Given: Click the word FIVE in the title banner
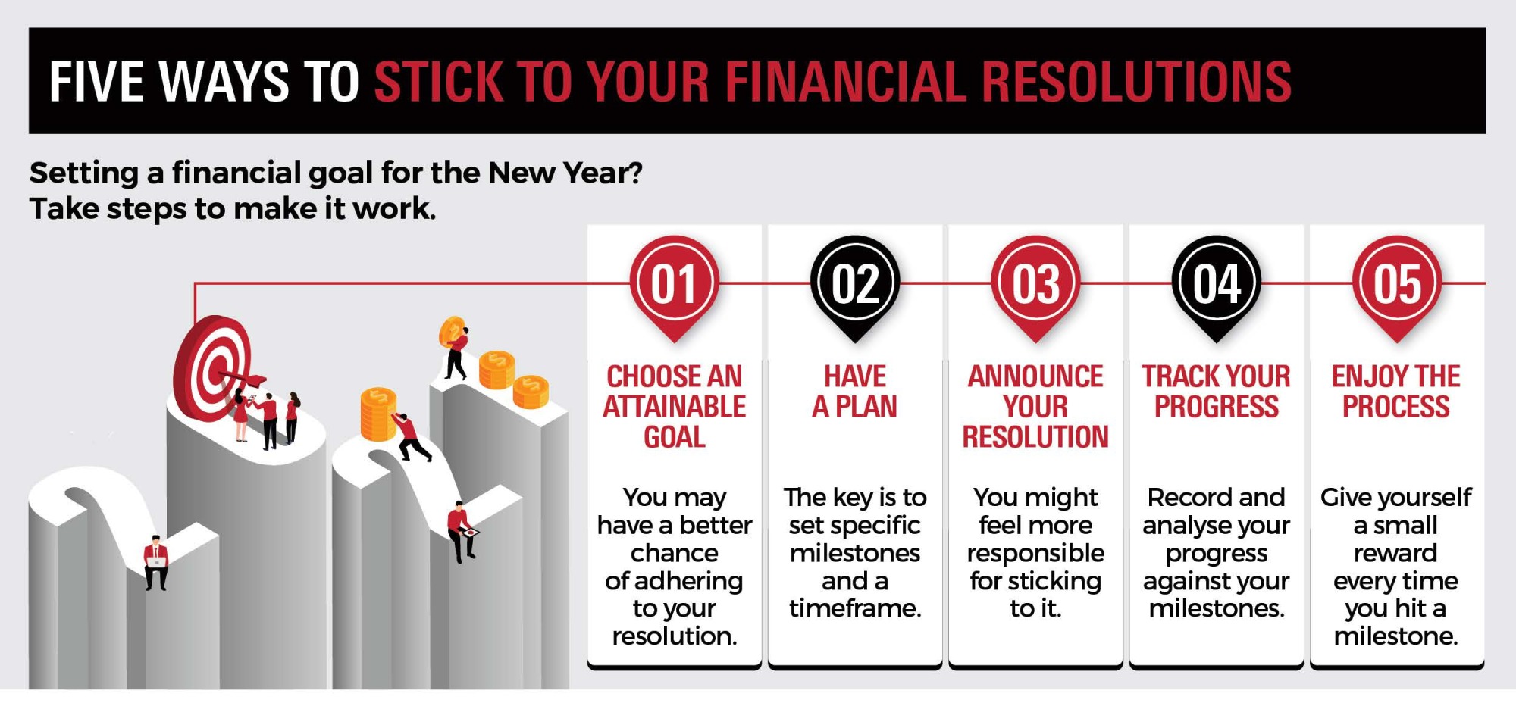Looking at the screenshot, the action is pos(93,82).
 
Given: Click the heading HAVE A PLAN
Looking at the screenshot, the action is pos(855,392).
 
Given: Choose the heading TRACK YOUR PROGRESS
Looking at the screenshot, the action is pos(1217,392).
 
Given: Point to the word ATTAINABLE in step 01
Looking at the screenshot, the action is pos(674,407).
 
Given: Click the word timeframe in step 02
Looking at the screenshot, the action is pos(855,608).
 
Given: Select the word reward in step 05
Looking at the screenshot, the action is pos(1395,553).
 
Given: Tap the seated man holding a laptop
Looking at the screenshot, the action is pos(156,562).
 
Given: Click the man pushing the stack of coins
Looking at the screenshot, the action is pos(411,437).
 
